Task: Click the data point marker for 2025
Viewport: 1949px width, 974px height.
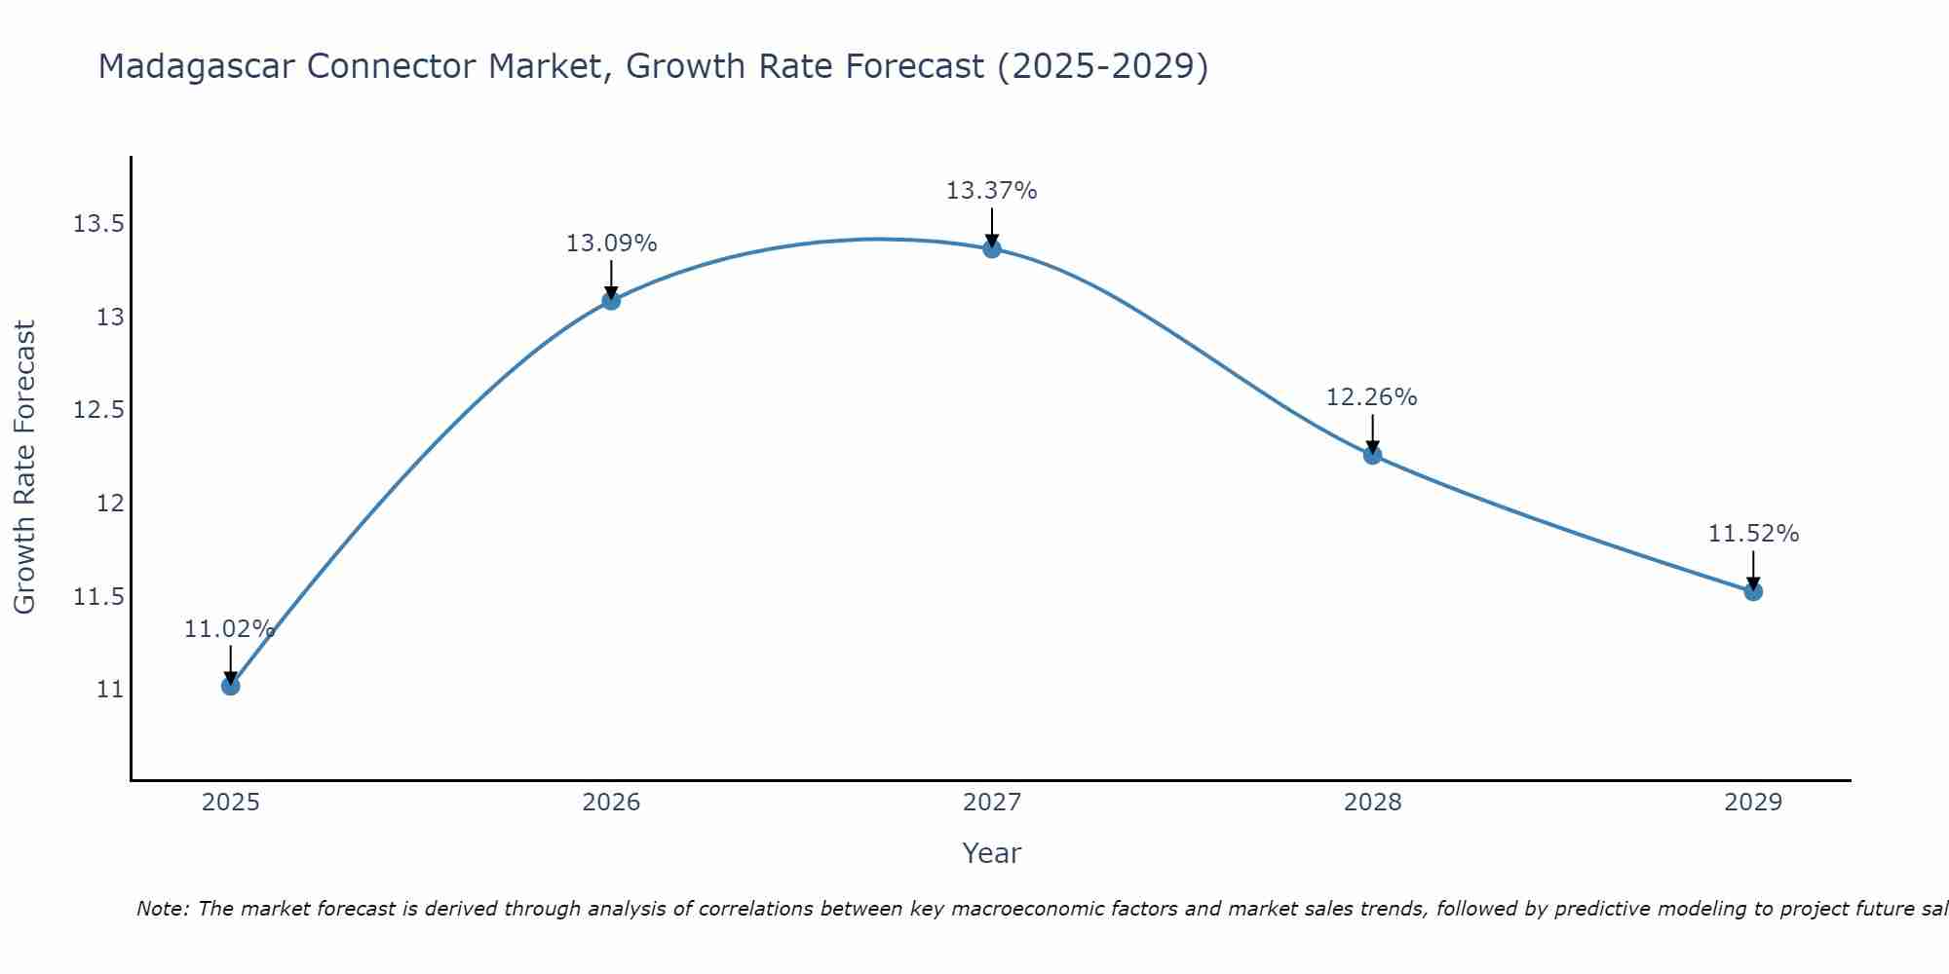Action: click(x=230, y=686)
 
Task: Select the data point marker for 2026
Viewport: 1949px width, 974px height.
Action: click(x=611, y=300)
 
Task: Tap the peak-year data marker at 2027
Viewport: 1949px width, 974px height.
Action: click(x=992, y=248)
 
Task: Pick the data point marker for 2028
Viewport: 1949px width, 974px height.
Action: click(x=1372, y=455)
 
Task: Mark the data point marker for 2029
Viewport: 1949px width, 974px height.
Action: click(x=1753, y=591)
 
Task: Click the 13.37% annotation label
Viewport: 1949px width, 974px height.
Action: click(x=991, y=191)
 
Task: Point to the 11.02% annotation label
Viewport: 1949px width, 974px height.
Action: click(x=229, y=629)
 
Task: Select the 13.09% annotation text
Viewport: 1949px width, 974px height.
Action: click(x=611, y=243)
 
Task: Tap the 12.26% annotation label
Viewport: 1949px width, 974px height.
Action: click(x=1371, y=397)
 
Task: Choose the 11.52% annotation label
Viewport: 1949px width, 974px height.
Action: click(x=1753, y=534)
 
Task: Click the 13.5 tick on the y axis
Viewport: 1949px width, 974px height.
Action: click(x=99, y=225)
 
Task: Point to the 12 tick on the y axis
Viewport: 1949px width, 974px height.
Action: click(x=111, y=504)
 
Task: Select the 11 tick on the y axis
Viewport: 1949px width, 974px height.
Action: click(x=111, y=690)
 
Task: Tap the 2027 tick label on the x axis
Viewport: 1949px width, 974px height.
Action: click(x=991, y=803)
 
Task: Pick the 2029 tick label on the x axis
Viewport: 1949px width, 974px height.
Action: click(x=1753, y=803)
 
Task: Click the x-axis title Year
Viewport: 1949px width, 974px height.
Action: click(x=991, y=853)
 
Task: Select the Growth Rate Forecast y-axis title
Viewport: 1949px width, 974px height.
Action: click(x=24, y=468)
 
